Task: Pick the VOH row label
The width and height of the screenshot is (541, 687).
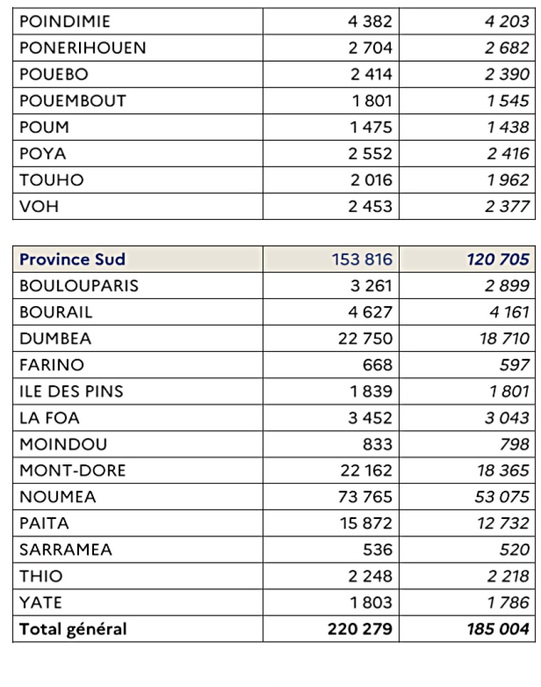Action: point(39,207)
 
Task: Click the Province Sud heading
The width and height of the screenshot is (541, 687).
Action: point(73,259)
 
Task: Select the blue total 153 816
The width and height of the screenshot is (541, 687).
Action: point(363,259)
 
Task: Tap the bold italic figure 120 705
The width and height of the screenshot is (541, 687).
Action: point(498,259)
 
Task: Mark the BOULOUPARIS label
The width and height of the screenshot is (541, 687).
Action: point(79,285)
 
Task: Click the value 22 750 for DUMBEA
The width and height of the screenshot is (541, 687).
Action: point(365,338)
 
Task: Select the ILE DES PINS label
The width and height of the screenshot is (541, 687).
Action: point(71,391)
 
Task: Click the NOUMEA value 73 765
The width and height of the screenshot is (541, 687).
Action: point(365,497)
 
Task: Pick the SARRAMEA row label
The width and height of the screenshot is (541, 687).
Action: point(66,549)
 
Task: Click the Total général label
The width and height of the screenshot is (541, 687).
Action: point(73,629)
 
